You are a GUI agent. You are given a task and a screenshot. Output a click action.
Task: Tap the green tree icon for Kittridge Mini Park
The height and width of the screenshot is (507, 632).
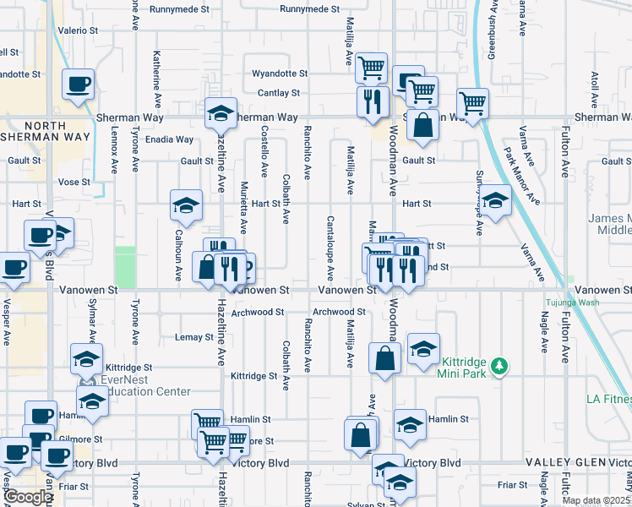point(501,365)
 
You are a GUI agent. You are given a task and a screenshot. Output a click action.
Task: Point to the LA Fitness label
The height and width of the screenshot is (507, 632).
point(608,399)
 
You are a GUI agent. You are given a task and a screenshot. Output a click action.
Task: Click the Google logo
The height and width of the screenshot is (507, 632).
point(27,497)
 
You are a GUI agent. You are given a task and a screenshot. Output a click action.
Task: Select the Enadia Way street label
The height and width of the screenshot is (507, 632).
point(172,139)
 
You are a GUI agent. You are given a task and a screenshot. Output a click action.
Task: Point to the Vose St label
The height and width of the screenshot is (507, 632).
point(74,182)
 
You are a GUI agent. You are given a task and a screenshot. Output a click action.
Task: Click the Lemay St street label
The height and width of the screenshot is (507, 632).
point(194,336)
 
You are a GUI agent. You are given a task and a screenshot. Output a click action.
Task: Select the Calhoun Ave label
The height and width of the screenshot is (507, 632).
point(178,254)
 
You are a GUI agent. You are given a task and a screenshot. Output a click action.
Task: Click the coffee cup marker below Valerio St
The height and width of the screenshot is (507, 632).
point(78,84)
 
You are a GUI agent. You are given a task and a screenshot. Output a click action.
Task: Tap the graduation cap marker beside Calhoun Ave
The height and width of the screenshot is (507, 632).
point(186,205)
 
